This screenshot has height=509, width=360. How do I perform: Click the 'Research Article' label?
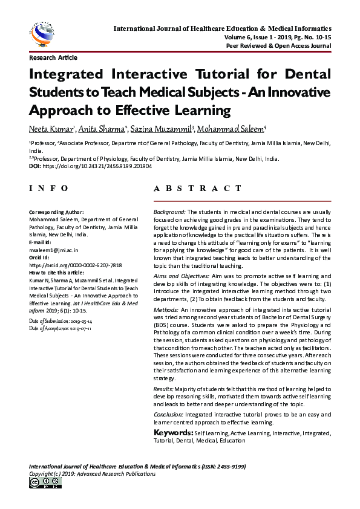53,58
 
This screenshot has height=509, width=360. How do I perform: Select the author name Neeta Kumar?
50,129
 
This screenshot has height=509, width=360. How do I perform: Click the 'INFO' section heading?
49,189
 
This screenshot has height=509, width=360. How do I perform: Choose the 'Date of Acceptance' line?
61,328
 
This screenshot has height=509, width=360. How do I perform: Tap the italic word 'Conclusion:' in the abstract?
169,415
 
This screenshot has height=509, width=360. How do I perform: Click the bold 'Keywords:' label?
173,433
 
